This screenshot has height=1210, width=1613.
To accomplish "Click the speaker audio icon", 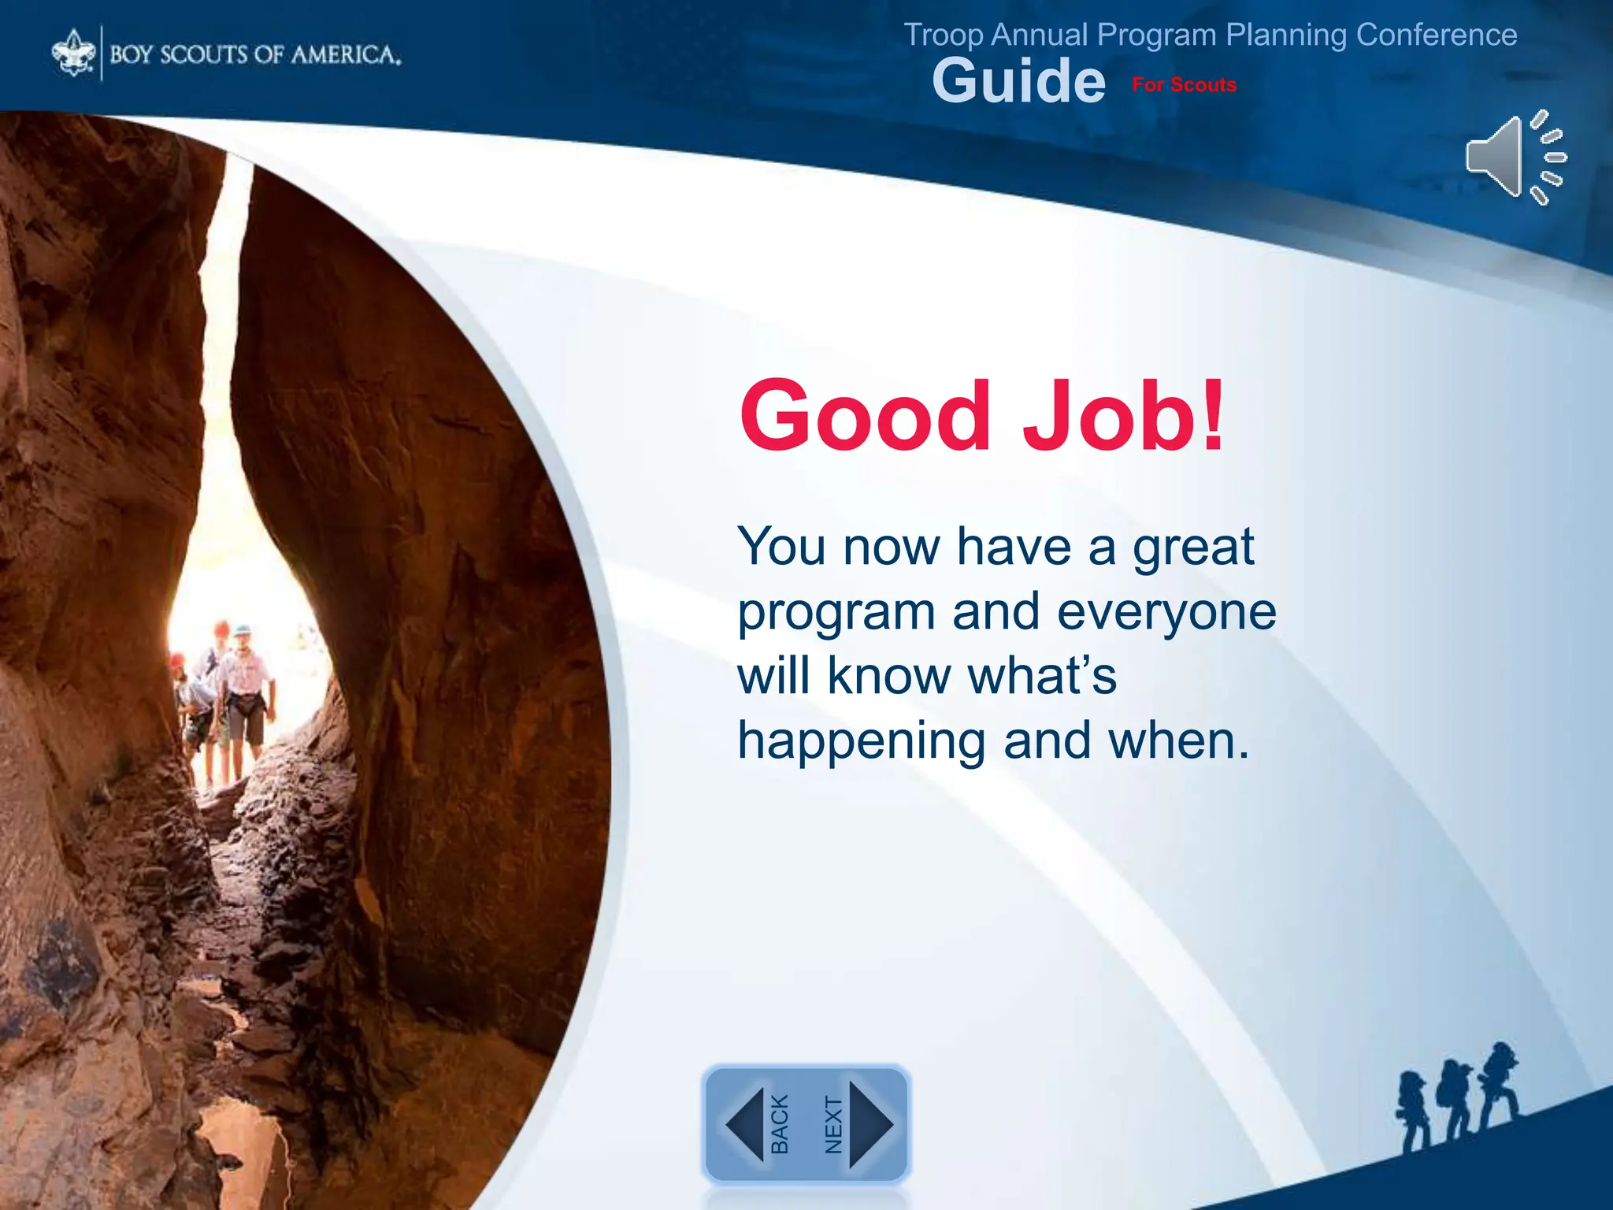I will (1515, 158).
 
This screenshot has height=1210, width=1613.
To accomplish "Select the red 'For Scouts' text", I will (1184, 85).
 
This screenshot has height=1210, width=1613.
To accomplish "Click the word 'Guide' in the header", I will (1018, 81).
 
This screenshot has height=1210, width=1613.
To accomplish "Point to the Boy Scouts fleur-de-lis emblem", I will (73, 53).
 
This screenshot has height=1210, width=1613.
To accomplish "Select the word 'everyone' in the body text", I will (1166, 613).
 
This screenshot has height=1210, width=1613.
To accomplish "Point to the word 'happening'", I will (861, 743).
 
